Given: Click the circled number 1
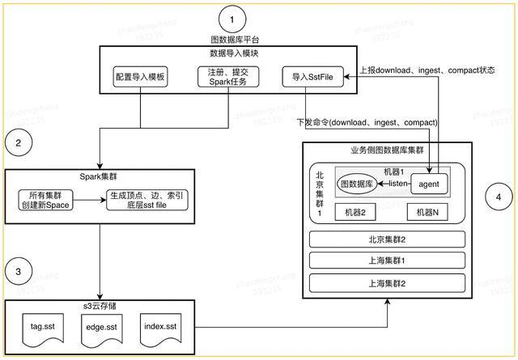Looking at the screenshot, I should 233,17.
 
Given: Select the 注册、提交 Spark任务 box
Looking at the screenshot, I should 223,78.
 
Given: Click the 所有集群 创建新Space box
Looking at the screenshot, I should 50,199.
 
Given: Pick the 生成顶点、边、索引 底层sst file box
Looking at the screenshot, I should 147,199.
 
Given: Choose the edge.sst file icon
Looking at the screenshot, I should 101,328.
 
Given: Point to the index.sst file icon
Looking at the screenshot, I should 161,328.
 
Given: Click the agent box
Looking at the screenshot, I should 429,184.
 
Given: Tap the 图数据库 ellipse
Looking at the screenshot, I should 356,184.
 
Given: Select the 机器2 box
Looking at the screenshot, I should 354,212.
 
